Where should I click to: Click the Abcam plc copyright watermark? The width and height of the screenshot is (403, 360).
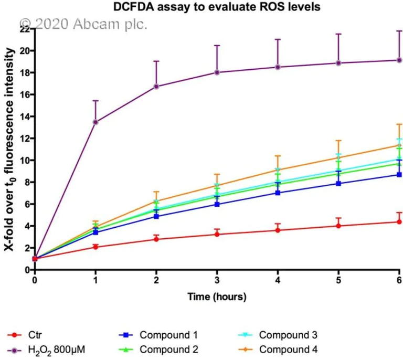click(83, 24)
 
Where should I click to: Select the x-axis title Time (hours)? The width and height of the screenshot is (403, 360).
click(217, 297)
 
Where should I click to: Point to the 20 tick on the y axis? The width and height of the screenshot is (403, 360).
click(23, 51)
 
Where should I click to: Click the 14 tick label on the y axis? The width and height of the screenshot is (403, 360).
click(23, 117)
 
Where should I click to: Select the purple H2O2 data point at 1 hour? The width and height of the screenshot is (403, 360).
click(96, 122)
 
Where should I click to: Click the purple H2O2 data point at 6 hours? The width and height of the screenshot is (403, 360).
click(399, 60)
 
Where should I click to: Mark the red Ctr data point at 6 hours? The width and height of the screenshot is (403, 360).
click(399, 221)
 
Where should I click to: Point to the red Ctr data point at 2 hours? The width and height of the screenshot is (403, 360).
click(156, 239)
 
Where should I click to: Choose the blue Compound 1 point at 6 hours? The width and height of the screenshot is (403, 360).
click(399, 174)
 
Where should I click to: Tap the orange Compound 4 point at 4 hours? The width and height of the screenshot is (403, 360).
click(278, 170)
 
